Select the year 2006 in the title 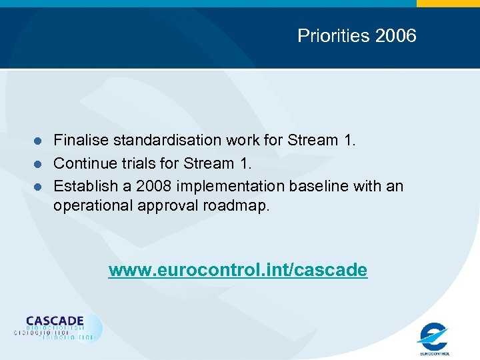point(396,35)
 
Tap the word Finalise point(81,140)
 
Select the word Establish point(83,185)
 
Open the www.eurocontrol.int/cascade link point(238,270)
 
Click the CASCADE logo point(57,327)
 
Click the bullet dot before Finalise point(39,141)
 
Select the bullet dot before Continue point(39,163)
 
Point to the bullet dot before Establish point(39,186)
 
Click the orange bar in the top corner point(447,3)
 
